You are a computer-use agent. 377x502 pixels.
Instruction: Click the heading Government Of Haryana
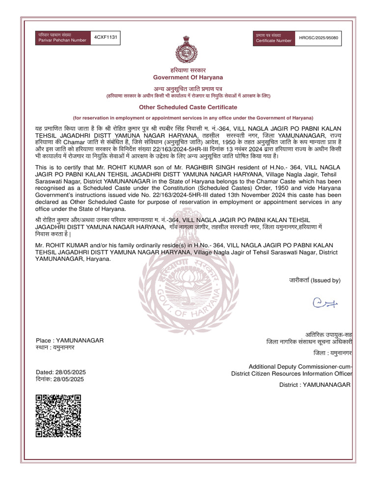[x=188, y=77]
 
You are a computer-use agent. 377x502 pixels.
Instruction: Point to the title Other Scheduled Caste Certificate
[x=188, y=107]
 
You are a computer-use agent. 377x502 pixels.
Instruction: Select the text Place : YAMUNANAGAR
[x=70, y=340]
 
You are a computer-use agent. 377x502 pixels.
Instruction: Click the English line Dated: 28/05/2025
[x=61, y=372]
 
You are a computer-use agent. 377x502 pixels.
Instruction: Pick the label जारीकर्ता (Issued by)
[x=314, y=280]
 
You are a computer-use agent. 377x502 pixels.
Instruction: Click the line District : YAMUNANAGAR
[x=315, y=385]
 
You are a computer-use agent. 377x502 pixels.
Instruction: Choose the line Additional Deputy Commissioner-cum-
[x=300, y=367]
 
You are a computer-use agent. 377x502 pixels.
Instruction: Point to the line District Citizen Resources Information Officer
[x=292, y=374]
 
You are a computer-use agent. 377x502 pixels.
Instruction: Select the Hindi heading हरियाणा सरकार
[x=188, y=70]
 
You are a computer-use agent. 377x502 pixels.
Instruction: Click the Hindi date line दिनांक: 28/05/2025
[x=61, y=379]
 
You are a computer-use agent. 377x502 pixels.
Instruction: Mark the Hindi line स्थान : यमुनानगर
[x=55, y=347]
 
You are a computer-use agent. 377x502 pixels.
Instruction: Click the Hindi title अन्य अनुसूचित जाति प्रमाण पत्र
[x=188, y=88]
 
